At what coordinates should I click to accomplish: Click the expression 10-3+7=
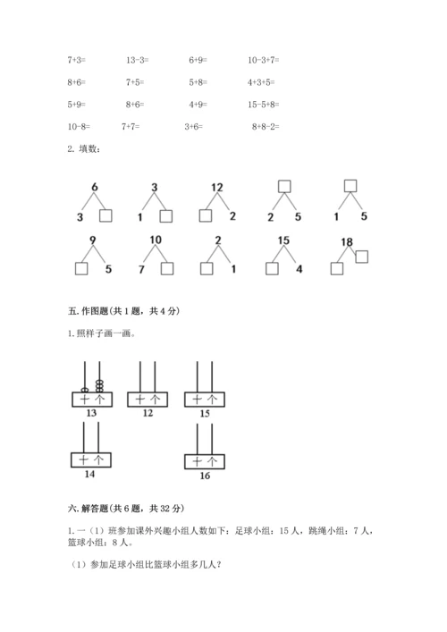pyautogui.click(x=264, y=60)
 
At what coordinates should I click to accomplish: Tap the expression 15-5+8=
pyautogui.click(x=265, y=105)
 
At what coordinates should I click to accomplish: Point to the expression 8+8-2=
pyautogui.click(x=266, y=127)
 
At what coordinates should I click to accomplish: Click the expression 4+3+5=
pyautogui.click(x=263, y=82)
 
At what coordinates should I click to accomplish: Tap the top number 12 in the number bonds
pyautogui.click(x=216, y=187)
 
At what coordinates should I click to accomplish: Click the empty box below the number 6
pyautogui.click(x=105, y=215)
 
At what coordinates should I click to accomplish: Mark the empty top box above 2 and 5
pyautogui.click(x=284, y=187)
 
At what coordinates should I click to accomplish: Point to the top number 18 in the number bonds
pyautogui.click(x=347, y=242)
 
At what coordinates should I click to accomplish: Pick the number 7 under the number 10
pyautogui.click(x=141, y=268)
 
